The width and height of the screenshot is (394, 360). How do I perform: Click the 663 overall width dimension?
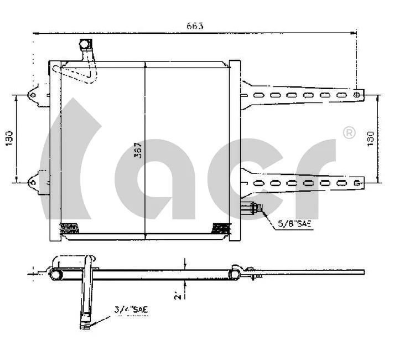(195, 25)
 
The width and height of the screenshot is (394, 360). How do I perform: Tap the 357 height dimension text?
(138, 151)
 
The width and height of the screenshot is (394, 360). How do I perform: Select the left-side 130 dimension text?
(9, 138)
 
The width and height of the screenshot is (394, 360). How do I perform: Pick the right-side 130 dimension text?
(370, 138)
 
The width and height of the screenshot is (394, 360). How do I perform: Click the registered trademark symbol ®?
(349, 133)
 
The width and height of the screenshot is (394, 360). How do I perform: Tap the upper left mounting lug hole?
(33, 95)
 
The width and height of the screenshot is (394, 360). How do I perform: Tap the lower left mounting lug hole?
(33, 181)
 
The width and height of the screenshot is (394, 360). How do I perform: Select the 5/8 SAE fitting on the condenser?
(252, 209)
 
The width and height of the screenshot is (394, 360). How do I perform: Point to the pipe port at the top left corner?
(85, 44)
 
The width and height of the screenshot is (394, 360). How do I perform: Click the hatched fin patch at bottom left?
(69, 227)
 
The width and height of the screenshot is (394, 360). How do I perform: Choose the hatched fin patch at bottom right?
(221, 227)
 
